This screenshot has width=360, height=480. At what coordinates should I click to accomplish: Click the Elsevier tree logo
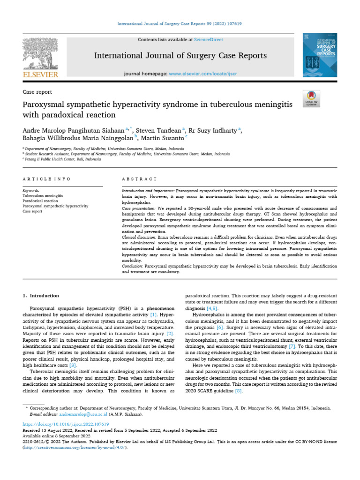tap(40, 53)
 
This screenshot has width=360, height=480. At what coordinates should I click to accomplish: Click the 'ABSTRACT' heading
tap(139, 179)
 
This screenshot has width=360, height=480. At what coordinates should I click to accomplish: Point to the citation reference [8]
tap(238, 390)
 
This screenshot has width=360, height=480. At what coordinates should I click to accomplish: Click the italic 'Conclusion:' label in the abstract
tap(135, 266)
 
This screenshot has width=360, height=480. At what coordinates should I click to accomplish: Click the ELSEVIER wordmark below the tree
tap(41, 75)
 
